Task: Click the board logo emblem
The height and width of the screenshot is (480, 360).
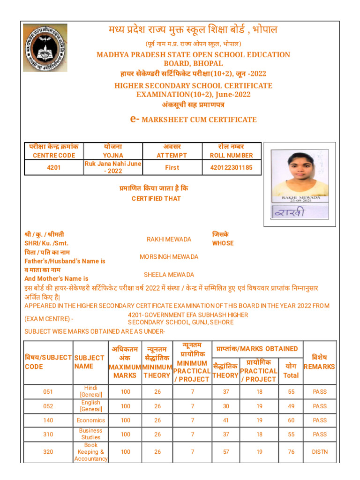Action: [45, 48]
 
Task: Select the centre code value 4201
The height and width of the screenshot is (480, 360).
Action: [54, 167]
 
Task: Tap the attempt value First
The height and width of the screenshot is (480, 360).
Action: [172, 167]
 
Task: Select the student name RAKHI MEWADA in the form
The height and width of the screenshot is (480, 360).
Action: [169, 240]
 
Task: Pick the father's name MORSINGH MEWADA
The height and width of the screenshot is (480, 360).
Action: [169, 257]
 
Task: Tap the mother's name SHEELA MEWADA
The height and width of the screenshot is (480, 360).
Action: [169, 275]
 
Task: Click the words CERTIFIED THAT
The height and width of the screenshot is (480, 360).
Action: [156, 199]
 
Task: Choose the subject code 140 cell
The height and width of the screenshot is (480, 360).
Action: [48, 420]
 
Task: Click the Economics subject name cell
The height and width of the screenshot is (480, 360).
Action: [90, 420]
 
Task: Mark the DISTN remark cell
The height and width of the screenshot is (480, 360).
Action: [320, 452]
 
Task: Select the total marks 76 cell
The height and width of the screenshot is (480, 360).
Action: [291, 452]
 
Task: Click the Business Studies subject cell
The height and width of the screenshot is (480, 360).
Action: [90, 434]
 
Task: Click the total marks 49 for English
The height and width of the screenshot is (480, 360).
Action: [291, 406]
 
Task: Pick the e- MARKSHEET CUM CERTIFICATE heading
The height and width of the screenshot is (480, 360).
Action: [193, 120]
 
